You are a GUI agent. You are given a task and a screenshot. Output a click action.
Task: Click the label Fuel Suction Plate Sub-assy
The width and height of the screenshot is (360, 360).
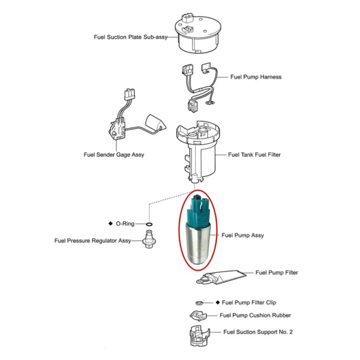131,37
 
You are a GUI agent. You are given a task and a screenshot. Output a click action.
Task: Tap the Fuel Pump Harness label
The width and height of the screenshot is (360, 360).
256,77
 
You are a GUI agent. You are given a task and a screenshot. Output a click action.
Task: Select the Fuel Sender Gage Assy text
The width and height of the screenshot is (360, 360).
114,155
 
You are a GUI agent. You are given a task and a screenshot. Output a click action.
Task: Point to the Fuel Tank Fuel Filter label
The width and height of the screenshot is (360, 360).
254,155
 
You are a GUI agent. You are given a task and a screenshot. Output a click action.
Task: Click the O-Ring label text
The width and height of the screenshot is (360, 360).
125,224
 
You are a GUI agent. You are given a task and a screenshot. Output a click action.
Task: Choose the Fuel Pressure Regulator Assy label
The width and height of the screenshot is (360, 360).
93,240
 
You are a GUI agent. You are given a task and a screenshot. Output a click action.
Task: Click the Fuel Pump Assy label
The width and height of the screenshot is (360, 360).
243,235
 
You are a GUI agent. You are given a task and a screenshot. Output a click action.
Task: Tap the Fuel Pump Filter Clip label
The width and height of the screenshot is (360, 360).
249,302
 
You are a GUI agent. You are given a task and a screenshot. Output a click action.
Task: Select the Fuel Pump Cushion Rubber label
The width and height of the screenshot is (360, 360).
255,315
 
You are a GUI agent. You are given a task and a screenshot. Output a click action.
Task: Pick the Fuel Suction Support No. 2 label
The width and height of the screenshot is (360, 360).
258,332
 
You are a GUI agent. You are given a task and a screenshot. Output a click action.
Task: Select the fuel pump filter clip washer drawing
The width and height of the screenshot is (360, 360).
199,303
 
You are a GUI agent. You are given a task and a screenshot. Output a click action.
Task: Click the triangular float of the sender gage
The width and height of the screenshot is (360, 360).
157,123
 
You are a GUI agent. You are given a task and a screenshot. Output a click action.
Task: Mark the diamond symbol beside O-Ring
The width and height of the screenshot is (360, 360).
111,224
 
